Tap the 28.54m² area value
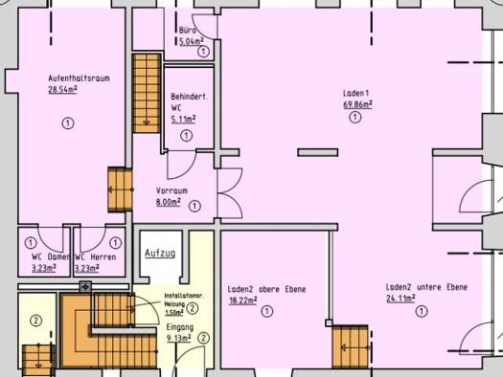tap(62, 90)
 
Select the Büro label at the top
tap(188, 31)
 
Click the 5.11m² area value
tap(182, 120)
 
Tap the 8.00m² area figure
tap(168, 203)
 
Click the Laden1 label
tap(354, 93)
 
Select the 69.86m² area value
tap(354, 104)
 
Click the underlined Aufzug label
tap(159, 254)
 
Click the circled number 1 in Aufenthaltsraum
tap(68, 122)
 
